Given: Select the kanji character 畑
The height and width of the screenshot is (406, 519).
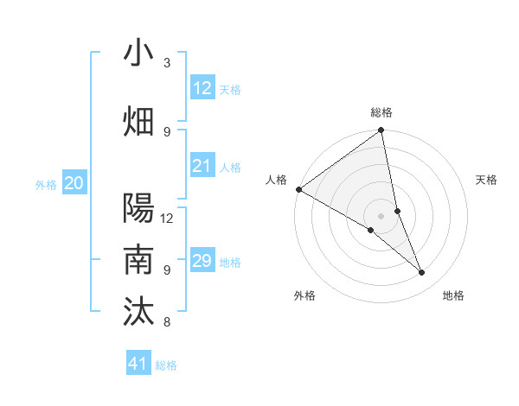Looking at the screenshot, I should click(138, 121).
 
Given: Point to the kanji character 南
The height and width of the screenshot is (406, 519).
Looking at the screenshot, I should click(138, 259).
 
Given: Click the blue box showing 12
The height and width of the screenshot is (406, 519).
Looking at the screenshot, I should click(202, 87).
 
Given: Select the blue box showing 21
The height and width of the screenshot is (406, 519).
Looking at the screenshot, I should click(202, 166).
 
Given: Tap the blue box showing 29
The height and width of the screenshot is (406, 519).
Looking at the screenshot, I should click(202, 261).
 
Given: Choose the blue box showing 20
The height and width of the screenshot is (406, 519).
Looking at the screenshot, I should click(74, 183).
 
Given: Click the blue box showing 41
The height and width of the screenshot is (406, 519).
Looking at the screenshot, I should click(138, 364).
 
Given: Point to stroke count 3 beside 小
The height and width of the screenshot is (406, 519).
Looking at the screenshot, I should click(167, 62).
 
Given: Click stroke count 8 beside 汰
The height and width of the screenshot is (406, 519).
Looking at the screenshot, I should click(167, 322).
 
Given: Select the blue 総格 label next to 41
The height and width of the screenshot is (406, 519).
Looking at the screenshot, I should click(166, 365).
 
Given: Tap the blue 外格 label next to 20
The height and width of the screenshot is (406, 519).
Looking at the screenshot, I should click(46, 185).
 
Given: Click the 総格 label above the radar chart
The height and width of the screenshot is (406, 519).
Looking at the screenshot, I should click(381, 112).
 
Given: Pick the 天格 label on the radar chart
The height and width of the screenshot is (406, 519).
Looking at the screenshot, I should click(487, 180).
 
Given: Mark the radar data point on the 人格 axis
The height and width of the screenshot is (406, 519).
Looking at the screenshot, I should click(298, 189).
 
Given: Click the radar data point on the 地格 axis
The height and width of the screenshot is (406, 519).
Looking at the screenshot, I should click(422, 273).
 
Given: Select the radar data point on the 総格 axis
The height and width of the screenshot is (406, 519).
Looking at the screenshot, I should click(381, 131).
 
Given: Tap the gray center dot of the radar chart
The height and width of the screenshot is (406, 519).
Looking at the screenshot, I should click(381, 215).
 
